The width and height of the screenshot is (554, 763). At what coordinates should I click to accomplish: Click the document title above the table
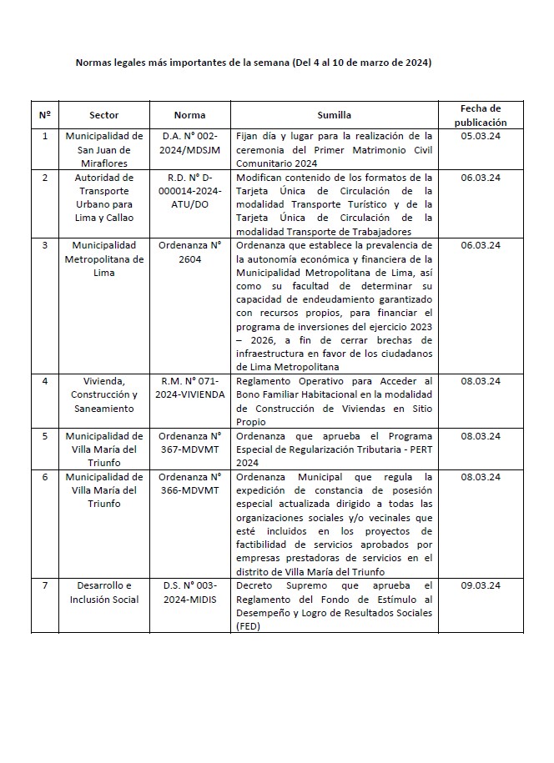click(254, 63)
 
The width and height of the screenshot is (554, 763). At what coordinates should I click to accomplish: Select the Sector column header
click(104, 115)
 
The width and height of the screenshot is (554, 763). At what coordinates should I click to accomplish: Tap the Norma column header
click(190, 115)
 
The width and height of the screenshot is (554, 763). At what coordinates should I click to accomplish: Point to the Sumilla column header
click(334, 115)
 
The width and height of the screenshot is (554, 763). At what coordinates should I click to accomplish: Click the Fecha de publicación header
click(481, 115)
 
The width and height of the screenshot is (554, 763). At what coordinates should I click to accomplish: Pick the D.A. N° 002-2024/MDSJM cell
click(190, 142)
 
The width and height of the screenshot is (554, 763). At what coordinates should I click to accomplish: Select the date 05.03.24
click(481, 135)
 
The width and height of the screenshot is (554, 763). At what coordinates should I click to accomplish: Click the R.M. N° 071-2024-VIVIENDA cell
click(190, 387)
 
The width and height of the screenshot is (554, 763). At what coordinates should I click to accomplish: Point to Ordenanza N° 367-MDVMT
click(190, 442)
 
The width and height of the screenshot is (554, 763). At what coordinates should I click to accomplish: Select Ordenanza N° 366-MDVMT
click(190, 483)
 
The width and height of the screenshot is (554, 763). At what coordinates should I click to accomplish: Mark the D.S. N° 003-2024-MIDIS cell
click(190, 592)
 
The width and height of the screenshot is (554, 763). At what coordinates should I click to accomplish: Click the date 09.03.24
click(481, 585)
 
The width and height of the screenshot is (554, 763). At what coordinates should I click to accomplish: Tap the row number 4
click(45, 381)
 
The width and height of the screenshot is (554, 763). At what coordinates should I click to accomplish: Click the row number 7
click(45, 585)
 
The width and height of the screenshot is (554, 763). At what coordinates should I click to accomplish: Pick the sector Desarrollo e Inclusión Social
click(104, 592)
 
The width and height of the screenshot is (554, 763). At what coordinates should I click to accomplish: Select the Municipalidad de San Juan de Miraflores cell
click(104, 148)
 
